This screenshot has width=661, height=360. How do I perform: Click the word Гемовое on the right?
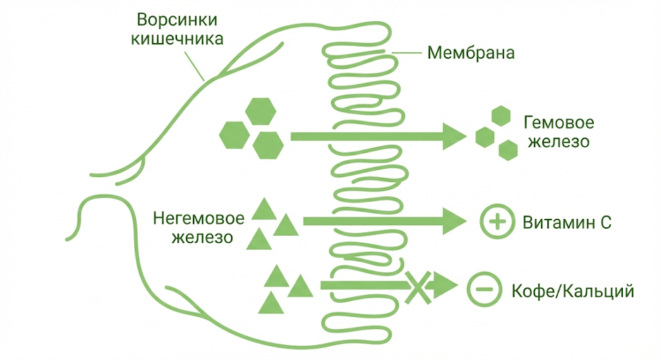(559, 122)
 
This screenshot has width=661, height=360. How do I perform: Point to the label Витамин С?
(566, 222)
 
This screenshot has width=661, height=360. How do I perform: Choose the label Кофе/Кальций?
(571, 290)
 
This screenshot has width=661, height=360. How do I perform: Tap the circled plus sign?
(496, 222)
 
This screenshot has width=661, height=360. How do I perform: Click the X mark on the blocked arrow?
(417, 286)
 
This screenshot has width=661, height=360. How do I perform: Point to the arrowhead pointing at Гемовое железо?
(453, 136)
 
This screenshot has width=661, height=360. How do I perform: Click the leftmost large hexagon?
(234, 134)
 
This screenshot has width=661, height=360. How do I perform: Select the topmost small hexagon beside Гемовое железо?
(501, 116)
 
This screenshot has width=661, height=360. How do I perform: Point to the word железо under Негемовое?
(204, 237)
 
